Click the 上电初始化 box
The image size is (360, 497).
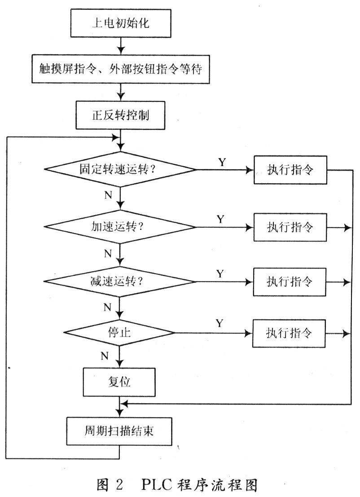click(x=120, y=22)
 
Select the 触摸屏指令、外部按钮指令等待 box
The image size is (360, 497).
click(x=120, y=70)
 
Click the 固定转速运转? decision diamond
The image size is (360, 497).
click(x=120, y=170)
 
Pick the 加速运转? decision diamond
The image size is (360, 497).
click(x=120, y=227)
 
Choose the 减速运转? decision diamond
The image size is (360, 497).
click(x=120, y=282)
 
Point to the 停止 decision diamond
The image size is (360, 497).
click(x=119, y=333)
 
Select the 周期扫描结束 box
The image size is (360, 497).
click(x=119, y=431)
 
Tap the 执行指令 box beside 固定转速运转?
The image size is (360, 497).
click(x=289, y=170)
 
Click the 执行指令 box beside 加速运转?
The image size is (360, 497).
click(x=289, y=227)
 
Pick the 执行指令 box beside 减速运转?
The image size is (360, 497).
click(x=289, y=282)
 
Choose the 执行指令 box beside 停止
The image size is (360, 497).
click(x=289, y=333)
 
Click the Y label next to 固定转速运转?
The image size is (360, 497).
click(x=222, y=161)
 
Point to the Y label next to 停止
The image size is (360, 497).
click(x=220, y=323)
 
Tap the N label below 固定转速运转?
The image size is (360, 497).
click(x=108, y=195)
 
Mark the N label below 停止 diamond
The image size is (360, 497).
click(x=105, y=356)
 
